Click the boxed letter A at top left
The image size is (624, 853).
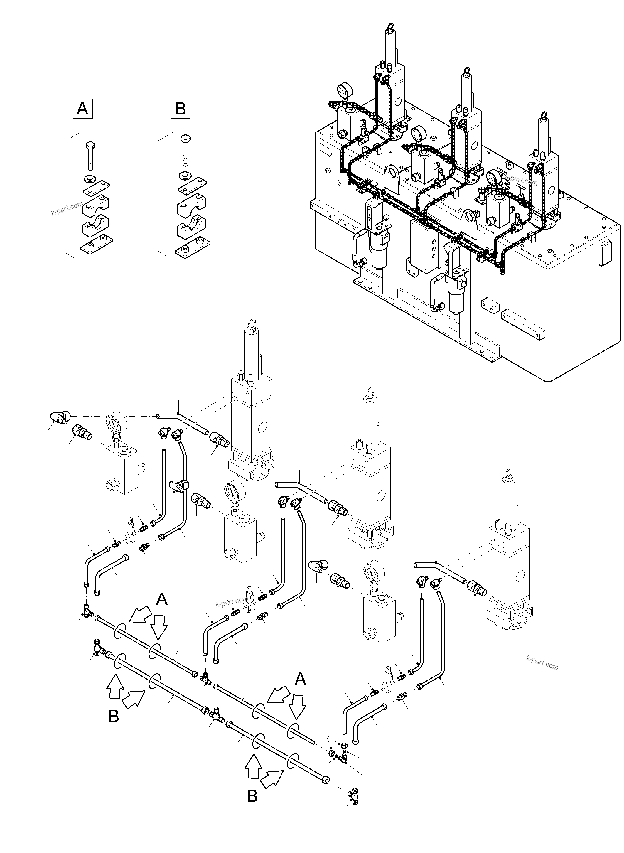[82, 109]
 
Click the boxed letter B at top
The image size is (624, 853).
[181, 109]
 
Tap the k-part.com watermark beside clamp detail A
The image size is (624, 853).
[67, 208]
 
